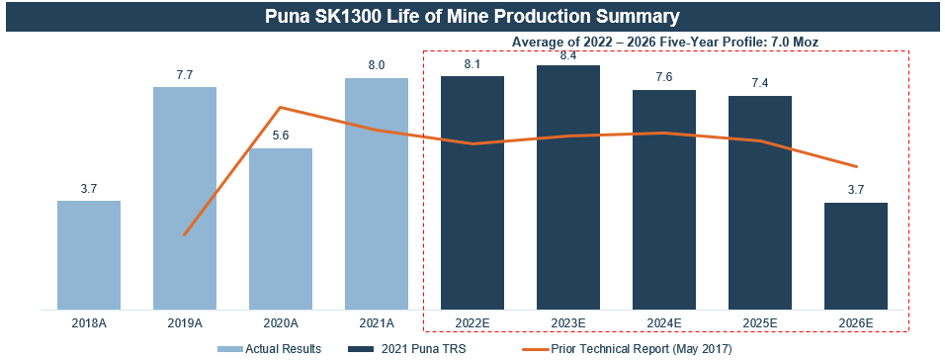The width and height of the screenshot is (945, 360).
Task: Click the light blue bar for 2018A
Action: pos(89,255)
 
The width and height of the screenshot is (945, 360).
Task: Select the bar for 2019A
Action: pos(185,199)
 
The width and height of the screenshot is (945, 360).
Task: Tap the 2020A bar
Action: pos(281,229)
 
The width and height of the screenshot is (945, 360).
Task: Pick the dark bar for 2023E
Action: pos(568,188)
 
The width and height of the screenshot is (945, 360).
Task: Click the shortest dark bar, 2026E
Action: pos(856,256)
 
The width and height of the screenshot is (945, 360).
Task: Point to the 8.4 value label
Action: pos(568,54)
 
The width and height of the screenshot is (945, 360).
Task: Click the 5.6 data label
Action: pos(281,135)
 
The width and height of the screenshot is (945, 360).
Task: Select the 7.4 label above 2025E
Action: pos(760,83)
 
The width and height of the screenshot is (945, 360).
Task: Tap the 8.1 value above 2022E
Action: pos(472,64)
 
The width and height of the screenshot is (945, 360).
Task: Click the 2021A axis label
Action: pos(377,323)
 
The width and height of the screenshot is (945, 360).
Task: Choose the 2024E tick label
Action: pos(664,323)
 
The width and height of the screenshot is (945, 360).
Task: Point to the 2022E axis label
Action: pos(472,323)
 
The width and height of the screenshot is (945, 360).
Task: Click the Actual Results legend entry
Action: pos(269,348)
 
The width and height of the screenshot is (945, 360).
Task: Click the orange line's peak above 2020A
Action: pos(281,108)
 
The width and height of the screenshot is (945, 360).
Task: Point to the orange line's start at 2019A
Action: pos(185,234)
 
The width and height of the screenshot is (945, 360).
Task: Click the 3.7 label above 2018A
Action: pos(89,188)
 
